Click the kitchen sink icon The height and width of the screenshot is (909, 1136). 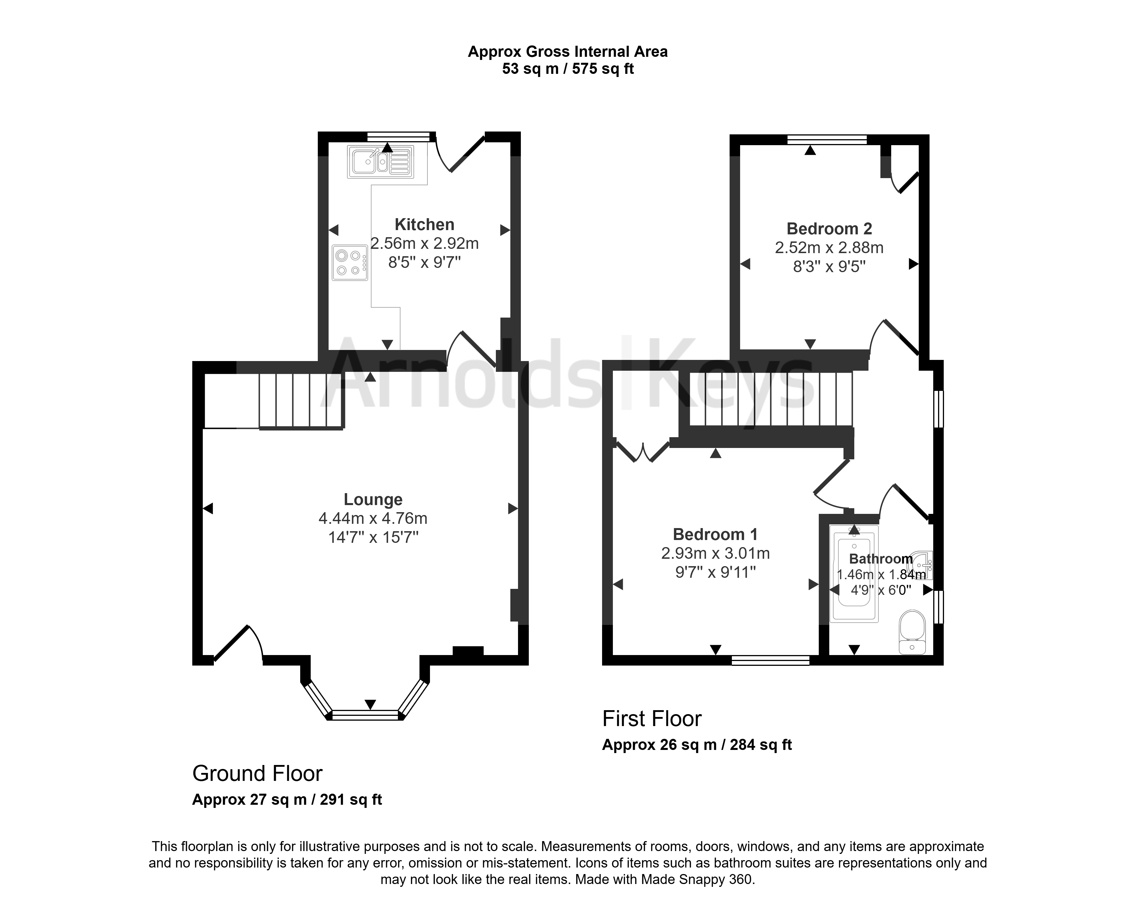381,161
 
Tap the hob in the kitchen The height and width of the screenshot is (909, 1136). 350,262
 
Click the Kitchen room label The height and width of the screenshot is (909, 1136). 425,224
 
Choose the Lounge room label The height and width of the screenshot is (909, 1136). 373,499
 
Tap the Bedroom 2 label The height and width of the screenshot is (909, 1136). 829,229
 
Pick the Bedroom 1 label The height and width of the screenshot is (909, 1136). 715,534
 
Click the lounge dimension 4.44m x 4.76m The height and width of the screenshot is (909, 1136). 373,518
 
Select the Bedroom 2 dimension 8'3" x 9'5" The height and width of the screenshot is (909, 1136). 829,267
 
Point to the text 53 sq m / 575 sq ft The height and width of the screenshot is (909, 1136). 568,68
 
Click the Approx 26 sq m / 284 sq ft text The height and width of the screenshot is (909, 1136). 697,745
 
